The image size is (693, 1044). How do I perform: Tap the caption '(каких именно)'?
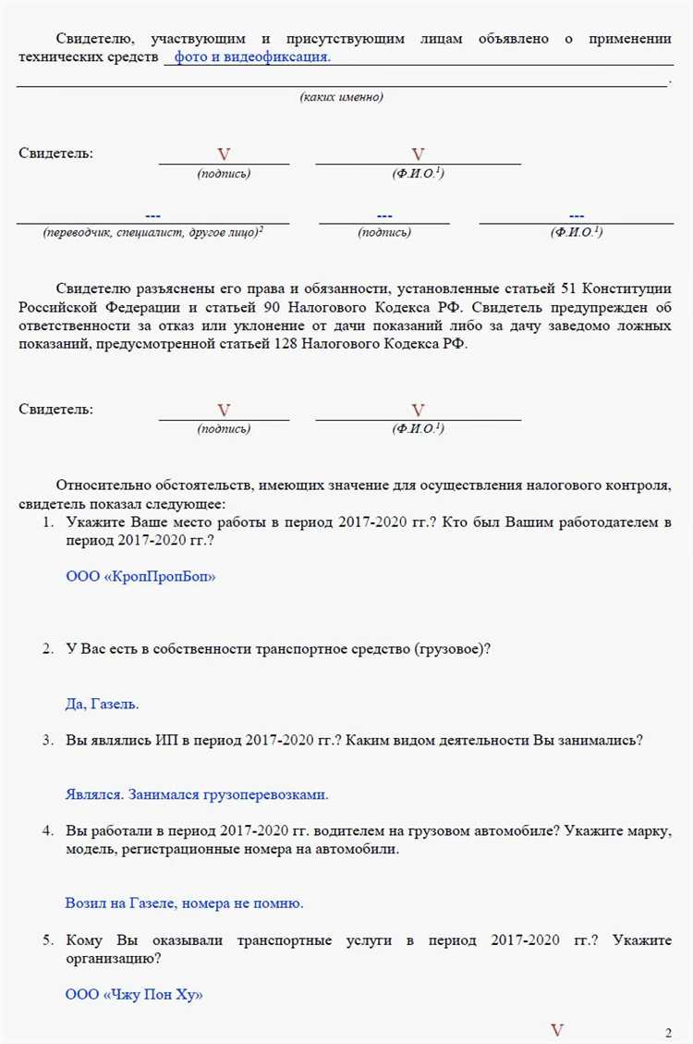[341, 97]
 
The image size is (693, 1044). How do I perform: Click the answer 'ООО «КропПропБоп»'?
[140, 576]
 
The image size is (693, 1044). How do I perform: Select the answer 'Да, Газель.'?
[102, 704]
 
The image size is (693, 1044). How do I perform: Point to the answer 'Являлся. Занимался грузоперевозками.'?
[197, 793]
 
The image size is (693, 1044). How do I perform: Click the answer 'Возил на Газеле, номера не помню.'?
[184, 903]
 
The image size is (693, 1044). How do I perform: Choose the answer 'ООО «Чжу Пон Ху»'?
[133, 994]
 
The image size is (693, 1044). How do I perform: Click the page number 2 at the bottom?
[668, 1032]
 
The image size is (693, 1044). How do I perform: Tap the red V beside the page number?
[557, 1030]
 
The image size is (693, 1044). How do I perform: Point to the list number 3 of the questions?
[47, 740]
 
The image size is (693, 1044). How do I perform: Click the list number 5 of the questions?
[47, 940]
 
